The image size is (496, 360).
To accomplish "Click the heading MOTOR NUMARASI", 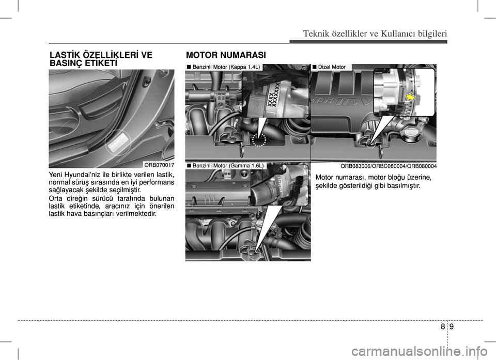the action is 226,55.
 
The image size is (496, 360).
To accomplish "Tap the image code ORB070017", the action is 159,165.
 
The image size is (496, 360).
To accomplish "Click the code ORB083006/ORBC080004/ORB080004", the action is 389,166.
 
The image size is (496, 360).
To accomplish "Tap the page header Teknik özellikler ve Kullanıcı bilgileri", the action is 375,33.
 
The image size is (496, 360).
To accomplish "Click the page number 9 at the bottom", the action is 451,327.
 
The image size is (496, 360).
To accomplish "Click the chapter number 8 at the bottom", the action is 443,327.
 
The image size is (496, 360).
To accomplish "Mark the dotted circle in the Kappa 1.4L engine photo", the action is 259,140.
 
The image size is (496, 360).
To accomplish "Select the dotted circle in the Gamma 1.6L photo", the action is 254,254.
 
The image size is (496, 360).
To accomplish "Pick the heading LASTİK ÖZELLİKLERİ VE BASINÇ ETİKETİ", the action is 101,59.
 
